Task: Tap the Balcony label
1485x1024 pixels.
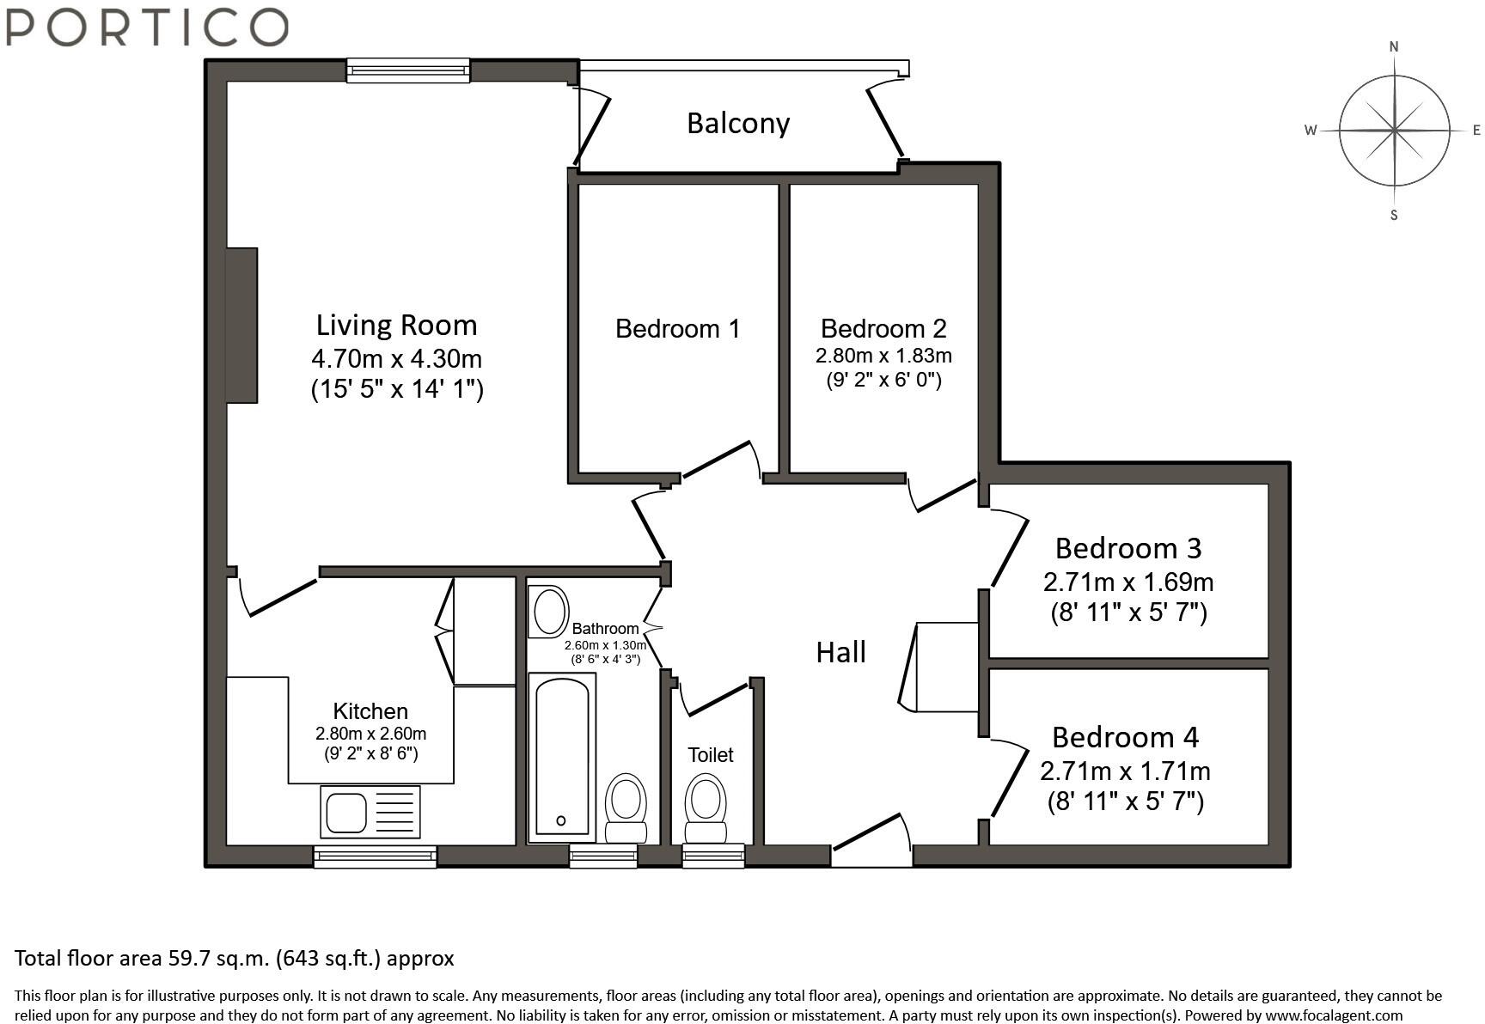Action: (738, 124)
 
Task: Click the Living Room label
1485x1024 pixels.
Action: (396, 325)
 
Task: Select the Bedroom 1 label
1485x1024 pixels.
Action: (677, 328)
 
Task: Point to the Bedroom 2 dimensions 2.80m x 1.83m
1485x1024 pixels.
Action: (883, 356)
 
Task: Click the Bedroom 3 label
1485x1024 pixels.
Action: (1128, 548)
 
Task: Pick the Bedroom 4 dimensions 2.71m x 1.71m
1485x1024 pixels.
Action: (1125, 771)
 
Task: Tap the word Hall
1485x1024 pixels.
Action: (840, 652)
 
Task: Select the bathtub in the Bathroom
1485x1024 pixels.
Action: (563, 758)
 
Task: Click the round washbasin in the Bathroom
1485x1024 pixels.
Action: (547, 612)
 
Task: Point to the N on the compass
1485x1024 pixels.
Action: (1394, 47)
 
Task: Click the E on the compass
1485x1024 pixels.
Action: (1476, 131)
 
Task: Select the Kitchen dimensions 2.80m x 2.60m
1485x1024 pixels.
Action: (370, 734)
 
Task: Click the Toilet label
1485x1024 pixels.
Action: (711, 755)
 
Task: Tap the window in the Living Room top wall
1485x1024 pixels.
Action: (408, 70)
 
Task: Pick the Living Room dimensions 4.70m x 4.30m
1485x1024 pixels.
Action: (396, 358)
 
